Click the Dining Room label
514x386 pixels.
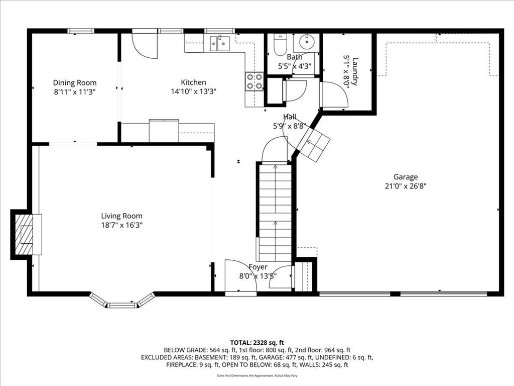[x=75, y=83]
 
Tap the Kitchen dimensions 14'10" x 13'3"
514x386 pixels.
[x=193, y=91]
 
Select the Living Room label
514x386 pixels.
[x=121, y=216]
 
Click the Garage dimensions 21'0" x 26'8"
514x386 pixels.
[x=406, y=186]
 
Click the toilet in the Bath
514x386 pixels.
[x=280, y=45]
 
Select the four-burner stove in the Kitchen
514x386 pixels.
[x=254, y=81]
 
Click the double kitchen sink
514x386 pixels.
[x=220, y=43]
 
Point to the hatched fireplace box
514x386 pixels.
[x=25, y=234]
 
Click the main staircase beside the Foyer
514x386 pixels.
[x=275, y=212]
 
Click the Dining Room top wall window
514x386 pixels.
[x=81, y=31]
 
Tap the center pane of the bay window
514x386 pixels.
[x=122, y=306]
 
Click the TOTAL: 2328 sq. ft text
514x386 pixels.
[x=257, y=343]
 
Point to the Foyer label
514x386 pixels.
[x=258, y=267]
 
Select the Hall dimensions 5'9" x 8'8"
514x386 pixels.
[x=290, y=126]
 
